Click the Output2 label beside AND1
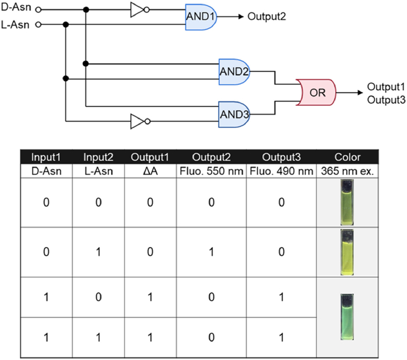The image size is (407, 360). click(266, 17)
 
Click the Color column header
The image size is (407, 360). click(348, 157)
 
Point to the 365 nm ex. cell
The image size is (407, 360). click(348, 170)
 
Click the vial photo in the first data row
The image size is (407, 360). click(348, 201)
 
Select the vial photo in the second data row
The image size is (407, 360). click(348, 251)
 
